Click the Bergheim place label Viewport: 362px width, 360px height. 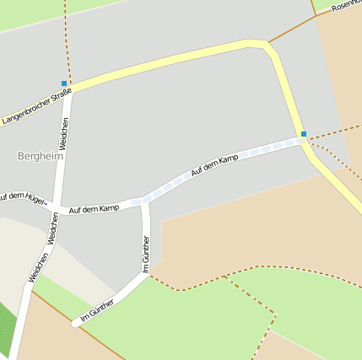(x=41, y=156)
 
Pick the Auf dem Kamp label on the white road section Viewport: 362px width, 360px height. (x=94, y=207)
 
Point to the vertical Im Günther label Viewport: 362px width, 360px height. (x=145, y=253)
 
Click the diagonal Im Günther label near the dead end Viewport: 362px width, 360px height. (x=97, y=310)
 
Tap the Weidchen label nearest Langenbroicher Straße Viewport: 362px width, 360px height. (x=64, y=134)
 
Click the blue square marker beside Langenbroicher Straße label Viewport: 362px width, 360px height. (x=64, y=83)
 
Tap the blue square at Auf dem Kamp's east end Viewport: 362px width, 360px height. (x=304, y=133)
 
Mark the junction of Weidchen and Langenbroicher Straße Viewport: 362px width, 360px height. (x=71, y=91)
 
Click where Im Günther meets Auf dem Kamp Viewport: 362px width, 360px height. (x=145, y=201)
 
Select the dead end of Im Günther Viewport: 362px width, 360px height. (x=76, y=324)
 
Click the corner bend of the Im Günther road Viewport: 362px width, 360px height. (x=145, y=275)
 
